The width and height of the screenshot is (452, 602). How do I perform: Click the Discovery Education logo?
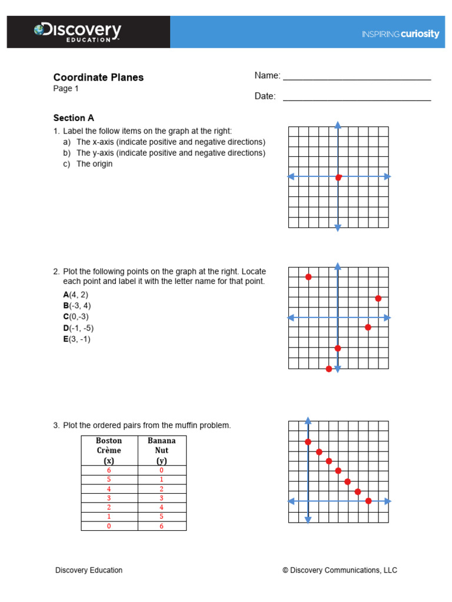(x=78, y=32)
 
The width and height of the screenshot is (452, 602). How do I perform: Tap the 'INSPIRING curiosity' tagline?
(x=400, y=34)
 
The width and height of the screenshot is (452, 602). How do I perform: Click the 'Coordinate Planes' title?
(x=98, y=77)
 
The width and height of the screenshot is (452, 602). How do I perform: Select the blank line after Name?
(x=357, y=78)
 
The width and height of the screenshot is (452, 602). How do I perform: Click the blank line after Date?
(x=357, y=99)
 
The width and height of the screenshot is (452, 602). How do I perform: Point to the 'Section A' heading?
(x=74, y=118)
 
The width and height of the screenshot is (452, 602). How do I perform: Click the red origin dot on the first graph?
(x=338, y=177)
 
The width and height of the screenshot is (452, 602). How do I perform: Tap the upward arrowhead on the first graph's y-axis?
(x=338, y=125)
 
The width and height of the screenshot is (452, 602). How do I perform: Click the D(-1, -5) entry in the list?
(x=78, y=328)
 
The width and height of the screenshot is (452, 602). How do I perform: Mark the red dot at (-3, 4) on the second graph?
(x=308, y=276)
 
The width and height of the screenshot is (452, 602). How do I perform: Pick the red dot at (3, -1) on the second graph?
(x=368, y=327)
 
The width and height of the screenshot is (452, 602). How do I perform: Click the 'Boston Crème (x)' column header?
(x=109, y=450)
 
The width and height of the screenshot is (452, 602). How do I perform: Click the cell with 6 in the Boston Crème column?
(x=109, y=470)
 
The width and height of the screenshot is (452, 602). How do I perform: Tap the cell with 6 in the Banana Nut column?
(x=161, y=526)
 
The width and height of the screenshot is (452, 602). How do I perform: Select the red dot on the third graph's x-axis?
(x=368, y=501)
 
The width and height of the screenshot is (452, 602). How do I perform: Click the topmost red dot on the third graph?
(x=308, y=442)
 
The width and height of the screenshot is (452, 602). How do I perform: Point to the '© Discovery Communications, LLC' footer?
(x=340, y=570)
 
